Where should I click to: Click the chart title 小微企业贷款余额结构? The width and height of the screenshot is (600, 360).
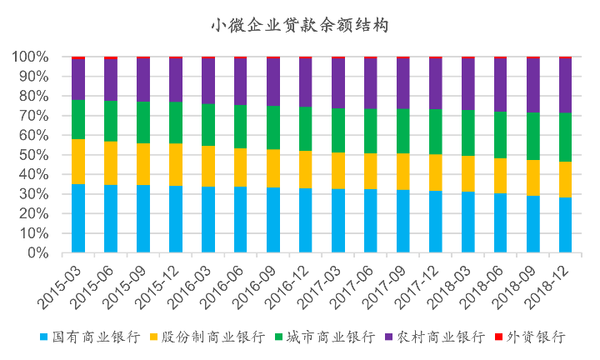[x=299, y=26]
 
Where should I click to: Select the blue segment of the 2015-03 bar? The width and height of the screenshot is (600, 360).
[x=78, y=218]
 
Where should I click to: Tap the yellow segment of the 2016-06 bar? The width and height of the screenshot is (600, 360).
[x=241, y=167]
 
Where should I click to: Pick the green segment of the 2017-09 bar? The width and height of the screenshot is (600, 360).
[x=403, y=131]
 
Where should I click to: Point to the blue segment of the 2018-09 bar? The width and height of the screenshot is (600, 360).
[x=533, y=224]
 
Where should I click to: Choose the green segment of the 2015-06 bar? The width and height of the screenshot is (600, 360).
[x=111, y=122]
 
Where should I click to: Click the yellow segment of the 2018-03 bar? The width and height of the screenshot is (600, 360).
[x=468, y=174]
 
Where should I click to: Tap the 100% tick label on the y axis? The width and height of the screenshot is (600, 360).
[x=32, y=57]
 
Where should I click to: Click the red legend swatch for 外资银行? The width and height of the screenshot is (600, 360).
[x=498, y=337]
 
